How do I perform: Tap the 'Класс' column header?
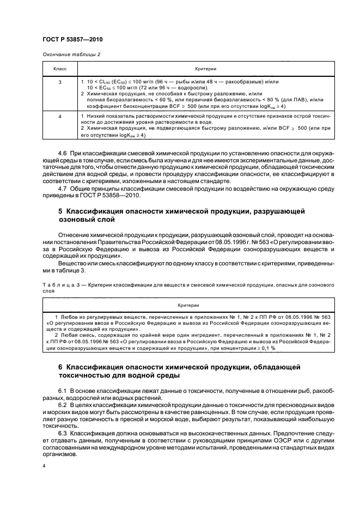point(60,70)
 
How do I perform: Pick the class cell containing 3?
point(60,82)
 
